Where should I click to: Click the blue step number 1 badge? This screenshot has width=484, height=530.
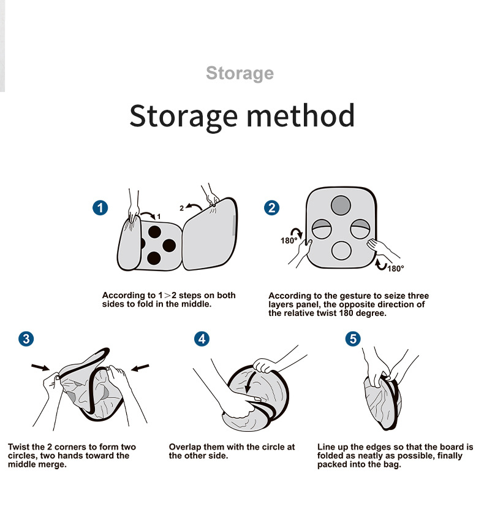(100, 207)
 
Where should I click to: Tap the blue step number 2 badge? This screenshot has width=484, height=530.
(271, 207)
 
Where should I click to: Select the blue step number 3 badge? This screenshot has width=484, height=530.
(26, 339)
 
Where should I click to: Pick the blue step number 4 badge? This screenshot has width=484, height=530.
(202, 339)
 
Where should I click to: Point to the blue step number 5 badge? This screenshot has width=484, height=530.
(353, 339)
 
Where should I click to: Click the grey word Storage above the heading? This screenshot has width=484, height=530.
(240, 74)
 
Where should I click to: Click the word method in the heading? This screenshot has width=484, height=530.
(301, 115)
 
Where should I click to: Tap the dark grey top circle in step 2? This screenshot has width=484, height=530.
(341, 205)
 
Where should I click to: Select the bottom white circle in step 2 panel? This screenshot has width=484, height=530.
(342, 250)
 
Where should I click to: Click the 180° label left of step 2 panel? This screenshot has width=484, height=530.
(289, 240)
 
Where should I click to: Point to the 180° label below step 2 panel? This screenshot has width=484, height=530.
(396, 269)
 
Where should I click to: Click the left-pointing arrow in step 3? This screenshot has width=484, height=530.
(140, 367)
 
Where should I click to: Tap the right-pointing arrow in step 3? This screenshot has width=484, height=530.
(40, 367)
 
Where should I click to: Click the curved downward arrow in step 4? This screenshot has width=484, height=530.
(250, 382)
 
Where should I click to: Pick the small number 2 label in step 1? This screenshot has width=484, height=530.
(181, 208)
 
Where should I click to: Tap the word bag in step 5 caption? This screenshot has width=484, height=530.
(393, 464)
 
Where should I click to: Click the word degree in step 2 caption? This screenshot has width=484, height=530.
(374, 313)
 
